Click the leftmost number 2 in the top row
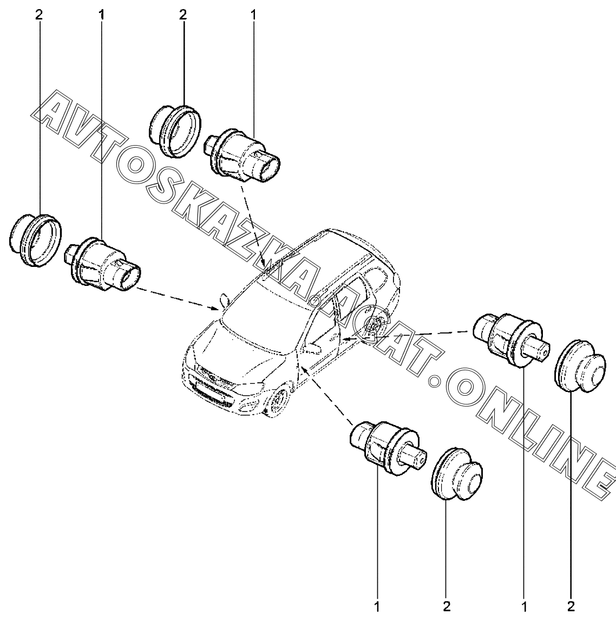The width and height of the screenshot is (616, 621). [38, 15]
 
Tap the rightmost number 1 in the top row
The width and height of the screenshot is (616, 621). [253, 15]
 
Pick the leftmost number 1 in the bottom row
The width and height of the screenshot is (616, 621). [377, 605]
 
